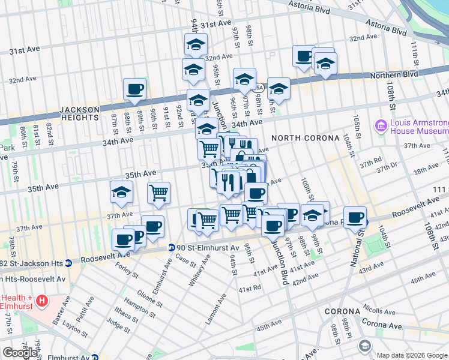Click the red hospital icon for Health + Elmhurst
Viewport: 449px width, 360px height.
(x=41, y=300)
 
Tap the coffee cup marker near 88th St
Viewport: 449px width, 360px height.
(x=134, y=90)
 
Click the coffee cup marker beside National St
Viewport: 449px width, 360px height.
(x=355, y=217)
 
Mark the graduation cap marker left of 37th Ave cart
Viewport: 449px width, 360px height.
(x=121, y=193)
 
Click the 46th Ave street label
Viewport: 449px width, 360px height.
(x=423, y=280)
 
